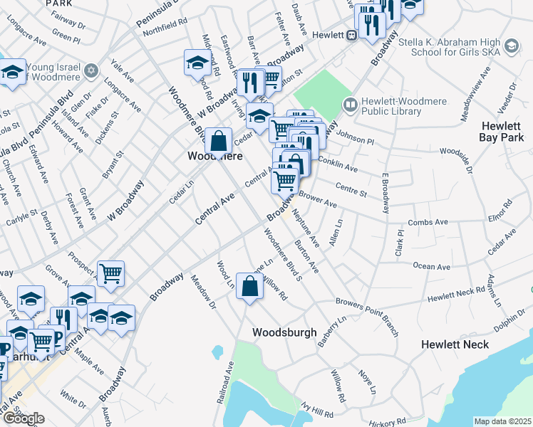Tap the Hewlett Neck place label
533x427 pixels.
click(x=455, y=344)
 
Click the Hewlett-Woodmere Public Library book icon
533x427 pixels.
click(x=350, y=105)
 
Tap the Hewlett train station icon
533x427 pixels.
click(x=352, y=35)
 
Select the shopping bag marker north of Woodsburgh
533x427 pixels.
click(x=250, y=288)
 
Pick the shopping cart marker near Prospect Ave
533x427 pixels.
click(x=110, y=273)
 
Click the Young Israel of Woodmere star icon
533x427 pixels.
click(x=90, y=70)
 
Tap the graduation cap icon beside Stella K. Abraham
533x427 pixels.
click(x=510, y=46)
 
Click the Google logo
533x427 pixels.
click(x=24, y=418)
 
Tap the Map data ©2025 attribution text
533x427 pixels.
click(x=502, y=421)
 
